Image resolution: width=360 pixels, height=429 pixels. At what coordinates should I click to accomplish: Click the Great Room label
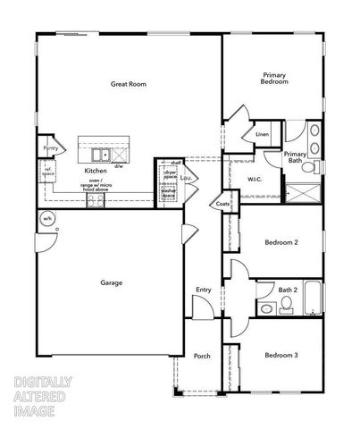128,84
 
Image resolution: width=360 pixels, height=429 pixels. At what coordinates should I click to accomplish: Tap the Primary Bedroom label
274,78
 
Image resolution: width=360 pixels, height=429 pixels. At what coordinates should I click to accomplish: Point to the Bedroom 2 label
281,242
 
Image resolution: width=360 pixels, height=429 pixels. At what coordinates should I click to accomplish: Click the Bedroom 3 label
281,356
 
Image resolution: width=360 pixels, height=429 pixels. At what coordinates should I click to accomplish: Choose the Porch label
202,356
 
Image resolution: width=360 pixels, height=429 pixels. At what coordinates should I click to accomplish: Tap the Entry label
203,290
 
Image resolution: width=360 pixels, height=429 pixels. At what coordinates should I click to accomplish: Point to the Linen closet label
262,134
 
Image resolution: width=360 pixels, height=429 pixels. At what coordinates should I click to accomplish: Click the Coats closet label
222,205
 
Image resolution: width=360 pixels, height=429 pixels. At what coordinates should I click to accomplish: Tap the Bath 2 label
263,289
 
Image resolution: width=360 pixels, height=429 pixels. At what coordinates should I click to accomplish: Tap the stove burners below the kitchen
96,201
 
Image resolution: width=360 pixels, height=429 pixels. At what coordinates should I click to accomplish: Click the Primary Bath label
296,157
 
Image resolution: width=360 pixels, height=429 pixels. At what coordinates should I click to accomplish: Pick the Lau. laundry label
186,178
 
